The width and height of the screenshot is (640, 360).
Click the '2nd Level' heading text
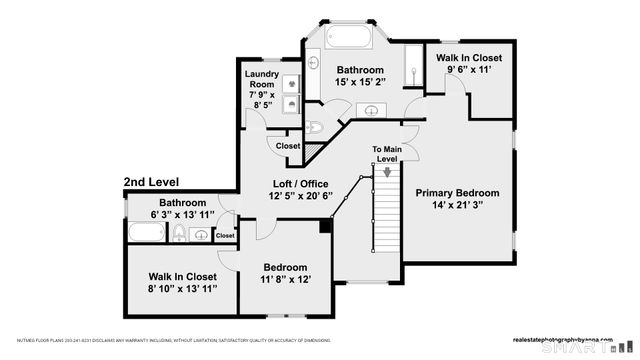coord(151,183)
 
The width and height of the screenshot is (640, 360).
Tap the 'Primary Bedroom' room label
coord(457,193)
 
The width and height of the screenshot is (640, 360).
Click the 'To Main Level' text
coord(386,153)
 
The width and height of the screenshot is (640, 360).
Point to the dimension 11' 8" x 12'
coord(285,281)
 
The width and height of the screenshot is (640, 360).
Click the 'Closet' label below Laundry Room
coord(288,146)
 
